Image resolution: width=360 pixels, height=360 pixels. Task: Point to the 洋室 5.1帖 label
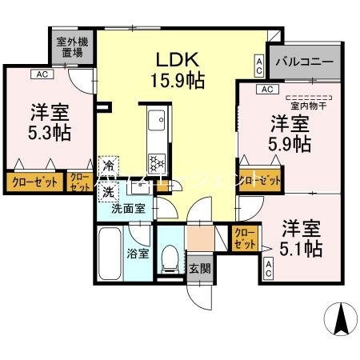301,238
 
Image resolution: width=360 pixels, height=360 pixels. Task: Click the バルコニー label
305,62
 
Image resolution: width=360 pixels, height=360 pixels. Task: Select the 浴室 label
138,254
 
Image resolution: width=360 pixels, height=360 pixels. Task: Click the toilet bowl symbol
168,258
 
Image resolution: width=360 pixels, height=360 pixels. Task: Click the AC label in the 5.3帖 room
38,74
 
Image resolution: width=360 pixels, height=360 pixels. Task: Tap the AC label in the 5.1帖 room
269,270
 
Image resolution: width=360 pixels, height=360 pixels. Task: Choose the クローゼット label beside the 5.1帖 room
245,238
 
